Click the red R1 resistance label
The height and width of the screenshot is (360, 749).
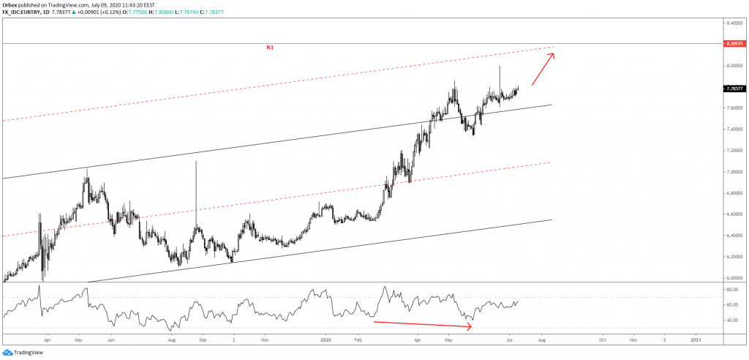coord(270,48)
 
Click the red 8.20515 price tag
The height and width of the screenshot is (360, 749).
coord(733,44)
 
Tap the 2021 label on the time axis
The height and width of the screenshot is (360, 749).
coord(696,340)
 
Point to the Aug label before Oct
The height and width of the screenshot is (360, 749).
coord(542,340)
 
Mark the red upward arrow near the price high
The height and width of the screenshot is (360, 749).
coord(543,67)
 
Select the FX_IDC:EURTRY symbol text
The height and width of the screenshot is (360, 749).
coord(23,11)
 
